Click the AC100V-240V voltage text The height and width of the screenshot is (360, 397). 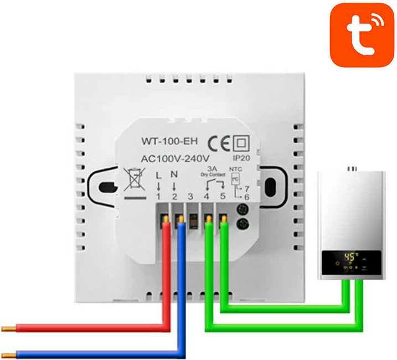tap(176, 158)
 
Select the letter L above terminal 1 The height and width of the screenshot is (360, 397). tap(159, 175)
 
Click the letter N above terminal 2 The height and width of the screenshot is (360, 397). tap(175, 175)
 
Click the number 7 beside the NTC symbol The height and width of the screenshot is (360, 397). tap(247, 189)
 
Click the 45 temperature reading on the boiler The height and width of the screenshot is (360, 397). tap(350, 258)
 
